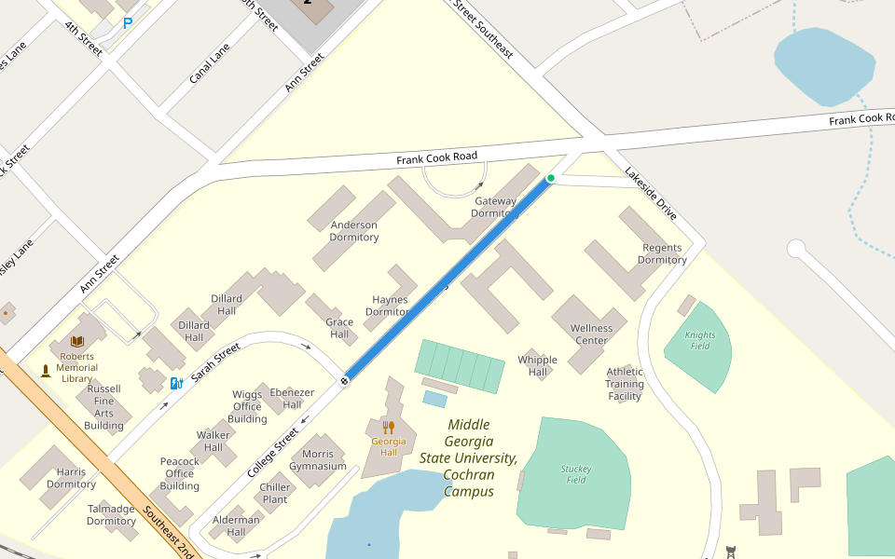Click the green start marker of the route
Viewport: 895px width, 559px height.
(x=551, y=178)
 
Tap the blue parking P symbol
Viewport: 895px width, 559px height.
(x=128, y=22)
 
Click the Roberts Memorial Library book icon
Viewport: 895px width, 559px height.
(x=77, y=342)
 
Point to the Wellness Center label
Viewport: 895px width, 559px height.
(x=591, y=334)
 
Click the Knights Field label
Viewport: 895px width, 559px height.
(x=700, y=341)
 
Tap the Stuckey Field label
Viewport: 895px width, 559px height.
(x=575, y=474)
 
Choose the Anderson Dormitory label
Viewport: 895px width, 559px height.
(x=354, y=231)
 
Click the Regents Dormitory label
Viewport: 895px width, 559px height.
(x=662, y=254)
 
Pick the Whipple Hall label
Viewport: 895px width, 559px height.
(x=537, y=366)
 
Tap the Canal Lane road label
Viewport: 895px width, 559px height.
(x=210, y=63)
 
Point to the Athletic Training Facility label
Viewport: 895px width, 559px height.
(x=625, y=383)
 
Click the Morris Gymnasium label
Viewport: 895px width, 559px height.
(x=318, y=459)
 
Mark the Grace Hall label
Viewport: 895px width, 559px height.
(x=339, y=328)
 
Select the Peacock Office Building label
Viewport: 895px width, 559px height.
(x=179, y=473)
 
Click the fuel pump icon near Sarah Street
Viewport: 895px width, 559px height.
(x=176, y=383)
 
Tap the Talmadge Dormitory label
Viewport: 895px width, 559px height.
(x=111, y=515)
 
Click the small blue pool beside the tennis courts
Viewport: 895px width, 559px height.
(x=434, y=399)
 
